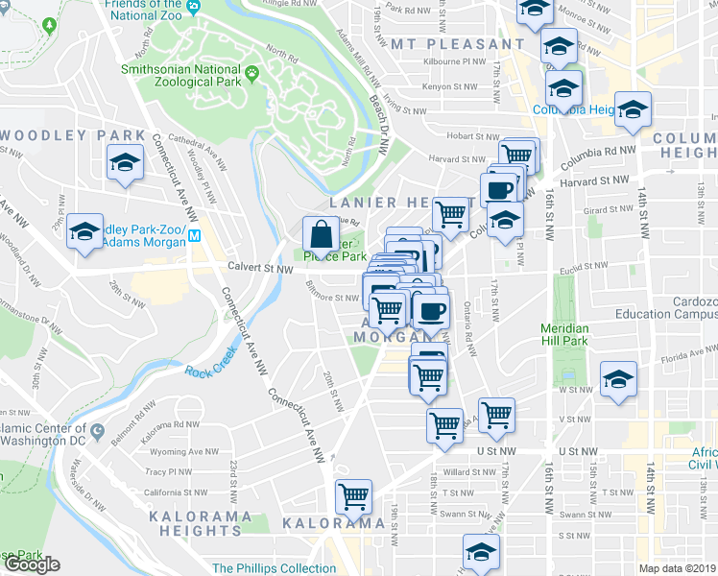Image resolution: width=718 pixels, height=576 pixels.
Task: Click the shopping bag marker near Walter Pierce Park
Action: pos(319,233)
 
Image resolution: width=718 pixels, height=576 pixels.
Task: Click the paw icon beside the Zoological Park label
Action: pos(252,71)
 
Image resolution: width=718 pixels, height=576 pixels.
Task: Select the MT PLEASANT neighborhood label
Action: pos(458,44)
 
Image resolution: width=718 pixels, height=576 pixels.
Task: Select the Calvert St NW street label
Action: pos(259,270)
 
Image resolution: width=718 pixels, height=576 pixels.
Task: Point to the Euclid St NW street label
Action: pos(585,272)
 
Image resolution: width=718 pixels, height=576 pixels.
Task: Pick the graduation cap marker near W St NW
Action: pos(618,379)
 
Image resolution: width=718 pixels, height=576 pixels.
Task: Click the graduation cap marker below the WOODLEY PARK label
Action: pos(124,163)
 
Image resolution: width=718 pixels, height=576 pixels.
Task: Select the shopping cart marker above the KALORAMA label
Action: pos(354,496)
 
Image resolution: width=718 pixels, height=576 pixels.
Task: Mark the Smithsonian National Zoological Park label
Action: pos(182,76)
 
